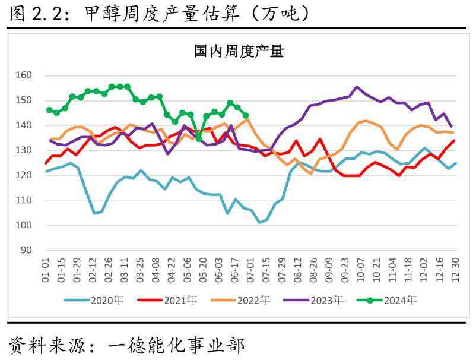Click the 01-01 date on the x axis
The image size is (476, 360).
pos(46,270)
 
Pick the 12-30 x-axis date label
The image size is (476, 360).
pos(455,270)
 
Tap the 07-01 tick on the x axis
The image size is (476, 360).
pos(250,270)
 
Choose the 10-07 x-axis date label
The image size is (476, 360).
pos(360,270)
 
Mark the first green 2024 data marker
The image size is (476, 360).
pos(49,110)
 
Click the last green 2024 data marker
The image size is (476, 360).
pos(246,115)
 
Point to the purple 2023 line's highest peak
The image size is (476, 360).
pos(357,87)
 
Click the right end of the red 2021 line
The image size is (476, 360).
pos(455,141)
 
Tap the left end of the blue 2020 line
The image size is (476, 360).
pos(47,171)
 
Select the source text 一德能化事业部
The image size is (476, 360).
pos(176,344)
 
